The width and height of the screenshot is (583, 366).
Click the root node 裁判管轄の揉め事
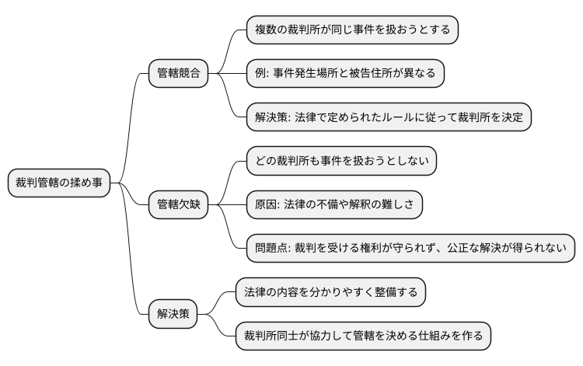click(x=58, y=183)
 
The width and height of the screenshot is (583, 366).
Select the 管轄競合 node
click(x=178, y=74)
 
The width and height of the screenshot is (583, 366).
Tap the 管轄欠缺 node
click(x=178, y=205)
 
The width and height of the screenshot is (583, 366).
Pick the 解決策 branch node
click(x=173, y=315)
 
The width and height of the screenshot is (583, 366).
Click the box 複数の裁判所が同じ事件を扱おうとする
click(x=352, y=30)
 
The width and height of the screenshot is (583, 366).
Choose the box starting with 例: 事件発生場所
click(x=344, y=74)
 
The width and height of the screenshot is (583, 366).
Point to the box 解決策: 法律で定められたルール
click(x=388, y=117)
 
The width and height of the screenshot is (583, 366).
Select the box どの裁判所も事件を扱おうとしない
click(x=341, y=162)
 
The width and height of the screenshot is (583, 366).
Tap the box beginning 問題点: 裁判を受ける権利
click(x=410, y=249)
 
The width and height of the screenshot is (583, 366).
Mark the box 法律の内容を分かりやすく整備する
click(x=330, y=293)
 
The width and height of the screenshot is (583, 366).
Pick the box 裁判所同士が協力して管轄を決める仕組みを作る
click(x=363, y=336)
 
